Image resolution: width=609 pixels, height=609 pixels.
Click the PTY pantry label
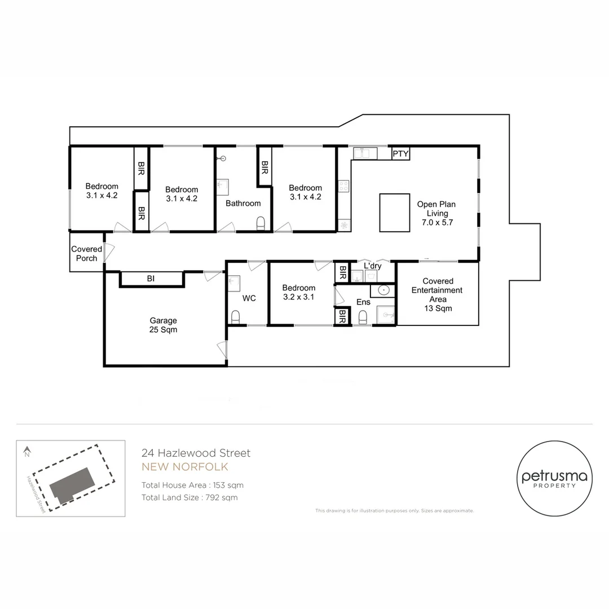[400, 154]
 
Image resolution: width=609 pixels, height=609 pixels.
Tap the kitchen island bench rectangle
[395, 213]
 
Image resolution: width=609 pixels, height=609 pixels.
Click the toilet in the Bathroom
[261, 223]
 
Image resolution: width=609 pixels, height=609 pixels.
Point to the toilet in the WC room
[235, 317]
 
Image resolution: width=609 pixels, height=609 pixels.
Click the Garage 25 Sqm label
[163, 325]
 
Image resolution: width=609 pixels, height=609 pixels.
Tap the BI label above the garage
[151, 279]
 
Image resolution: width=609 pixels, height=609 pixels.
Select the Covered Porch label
[87, 254]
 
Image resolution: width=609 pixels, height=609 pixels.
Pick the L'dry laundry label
[373, 266]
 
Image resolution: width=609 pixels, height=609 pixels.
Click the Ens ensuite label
[364, 302]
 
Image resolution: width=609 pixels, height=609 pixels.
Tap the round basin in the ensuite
[383, 290]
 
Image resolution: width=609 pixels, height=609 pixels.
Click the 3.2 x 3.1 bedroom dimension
[299, 297]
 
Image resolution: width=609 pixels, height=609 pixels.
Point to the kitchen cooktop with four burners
[344, 186]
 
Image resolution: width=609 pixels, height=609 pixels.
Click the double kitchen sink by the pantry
[365, 153]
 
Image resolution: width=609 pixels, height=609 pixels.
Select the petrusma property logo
[554, 478]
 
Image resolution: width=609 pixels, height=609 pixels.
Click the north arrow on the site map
[27, 452]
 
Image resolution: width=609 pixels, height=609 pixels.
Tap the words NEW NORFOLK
[185, 467]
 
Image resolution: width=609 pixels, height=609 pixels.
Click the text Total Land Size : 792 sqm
[189, 497]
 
